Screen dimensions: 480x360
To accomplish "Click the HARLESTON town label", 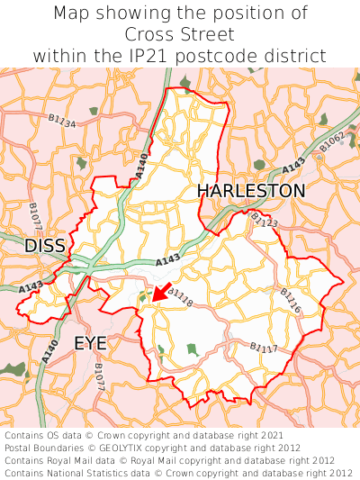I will (251, 191).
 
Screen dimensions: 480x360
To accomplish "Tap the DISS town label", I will (45, 245).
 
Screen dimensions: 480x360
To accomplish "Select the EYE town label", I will (90, 343).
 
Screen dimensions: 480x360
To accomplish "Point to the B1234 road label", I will (62, 119).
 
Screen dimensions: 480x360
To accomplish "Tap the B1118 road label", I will (180, 297).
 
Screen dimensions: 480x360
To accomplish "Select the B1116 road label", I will (290, 300).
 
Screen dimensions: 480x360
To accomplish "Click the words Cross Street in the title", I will (180, 34).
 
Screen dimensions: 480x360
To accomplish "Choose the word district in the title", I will (298, 56).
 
